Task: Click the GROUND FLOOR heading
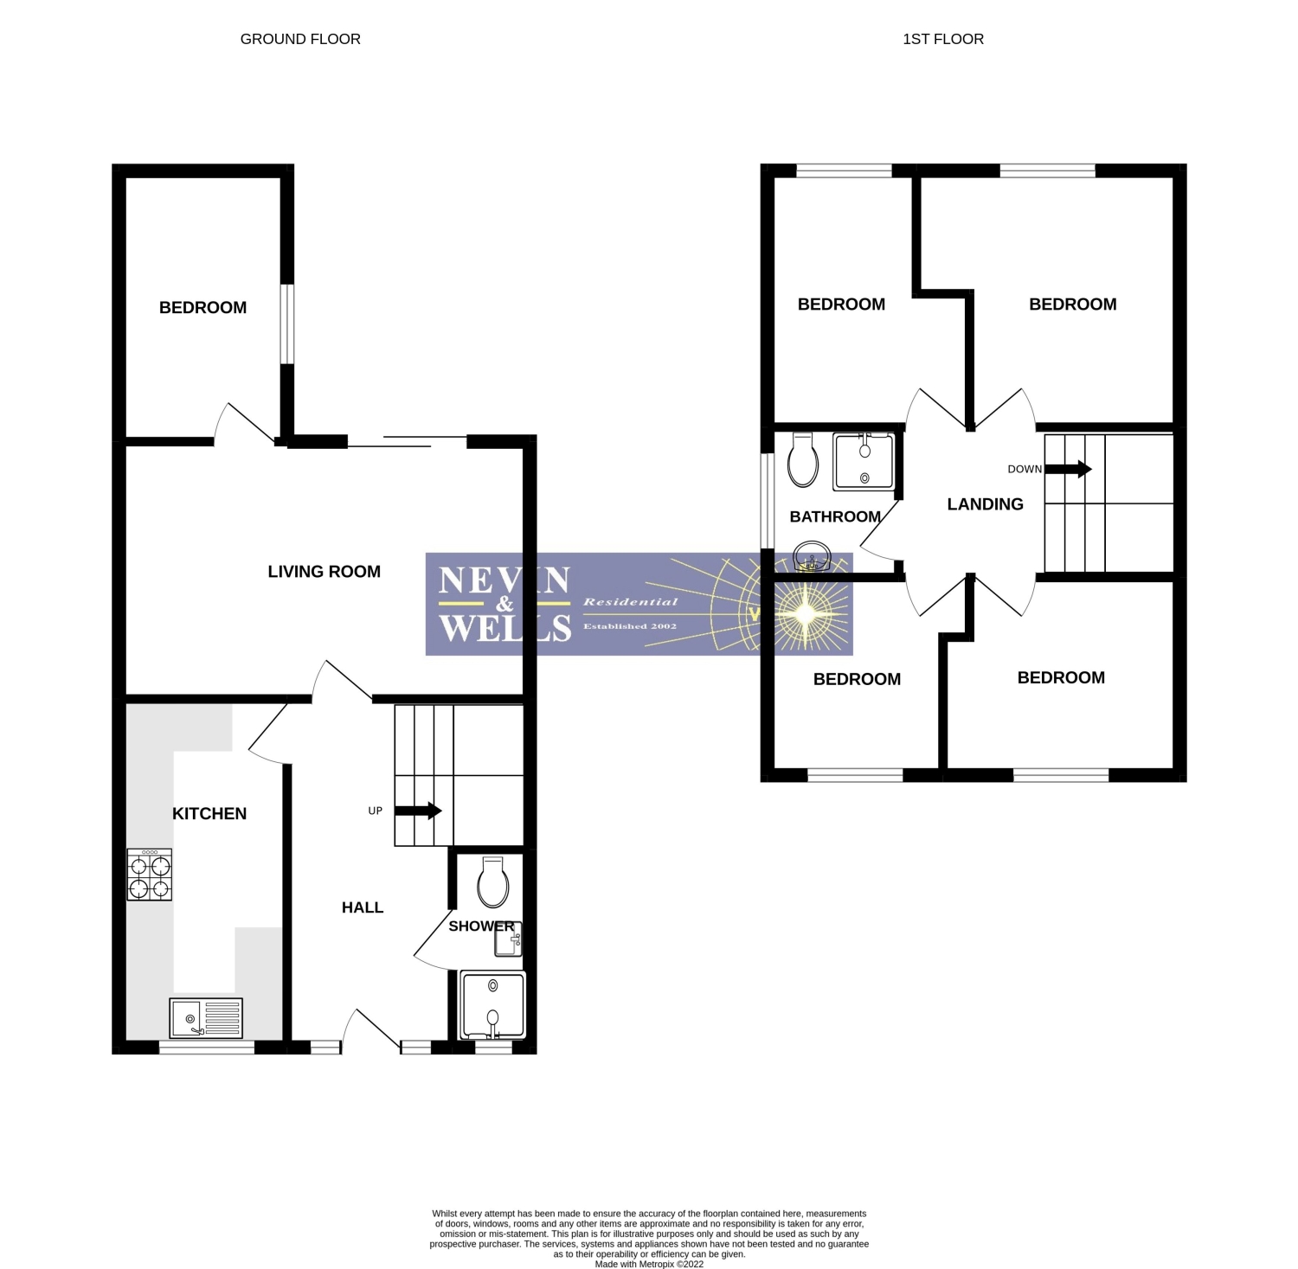300,39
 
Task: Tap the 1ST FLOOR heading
943,39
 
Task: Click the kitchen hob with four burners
150,875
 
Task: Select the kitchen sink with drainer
207,1017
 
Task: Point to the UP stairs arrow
419,811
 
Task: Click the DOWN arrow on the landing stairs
1069,469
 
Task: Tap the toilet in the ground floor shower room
492,882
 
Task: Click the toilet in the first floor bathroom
803,459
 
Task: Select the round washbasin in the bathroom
812,557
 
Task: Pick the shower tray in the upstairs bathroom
864,460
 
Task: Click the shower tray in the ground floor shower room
493,1005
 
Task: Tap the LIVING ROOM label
324,572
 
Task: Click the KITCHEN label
209,814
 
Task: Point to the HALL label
363,907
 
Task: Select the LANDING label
986,504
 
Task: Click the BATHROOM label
835,517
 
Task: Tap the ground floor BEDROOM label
203,308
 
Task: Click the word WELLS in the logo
505,628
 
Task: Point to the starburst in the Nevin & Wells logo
805,613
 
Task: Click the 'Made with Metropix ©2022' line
649,1264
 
